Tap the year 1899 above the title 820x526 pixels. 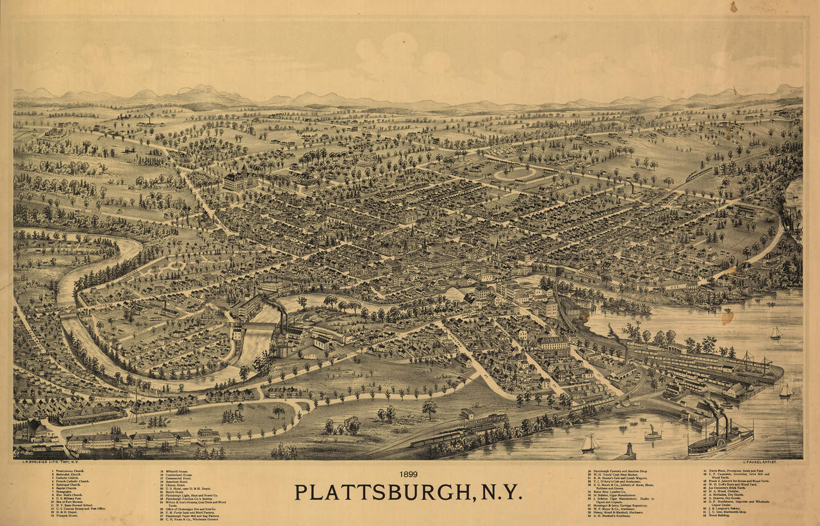[408, 475]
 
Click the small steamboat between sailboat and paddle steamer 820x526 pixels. [653, 434]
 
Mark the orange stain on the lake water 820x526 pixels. [726, 316]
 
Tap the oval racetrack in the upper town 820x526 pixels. [515, 173]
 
